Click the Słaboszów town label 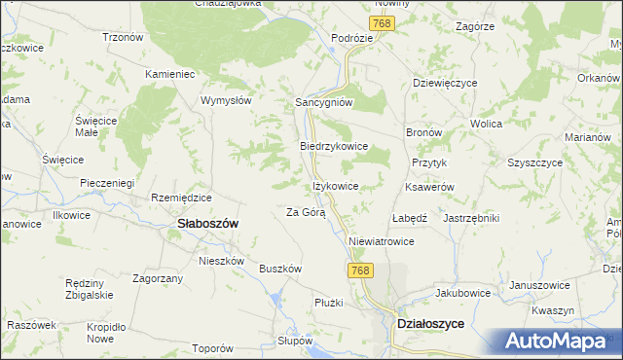pos(208,223)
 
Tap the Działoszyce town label pos(430,325)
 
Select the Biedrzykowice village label pos(332,146)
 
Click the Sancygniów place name pos(323,101)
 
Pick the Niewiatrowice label pos(382,241)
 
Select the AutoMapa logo pos(559,341)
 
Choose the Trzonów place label pos(123,37)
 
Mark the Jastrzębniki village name pos(471,218)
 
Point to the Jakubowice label pos(461,291)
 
